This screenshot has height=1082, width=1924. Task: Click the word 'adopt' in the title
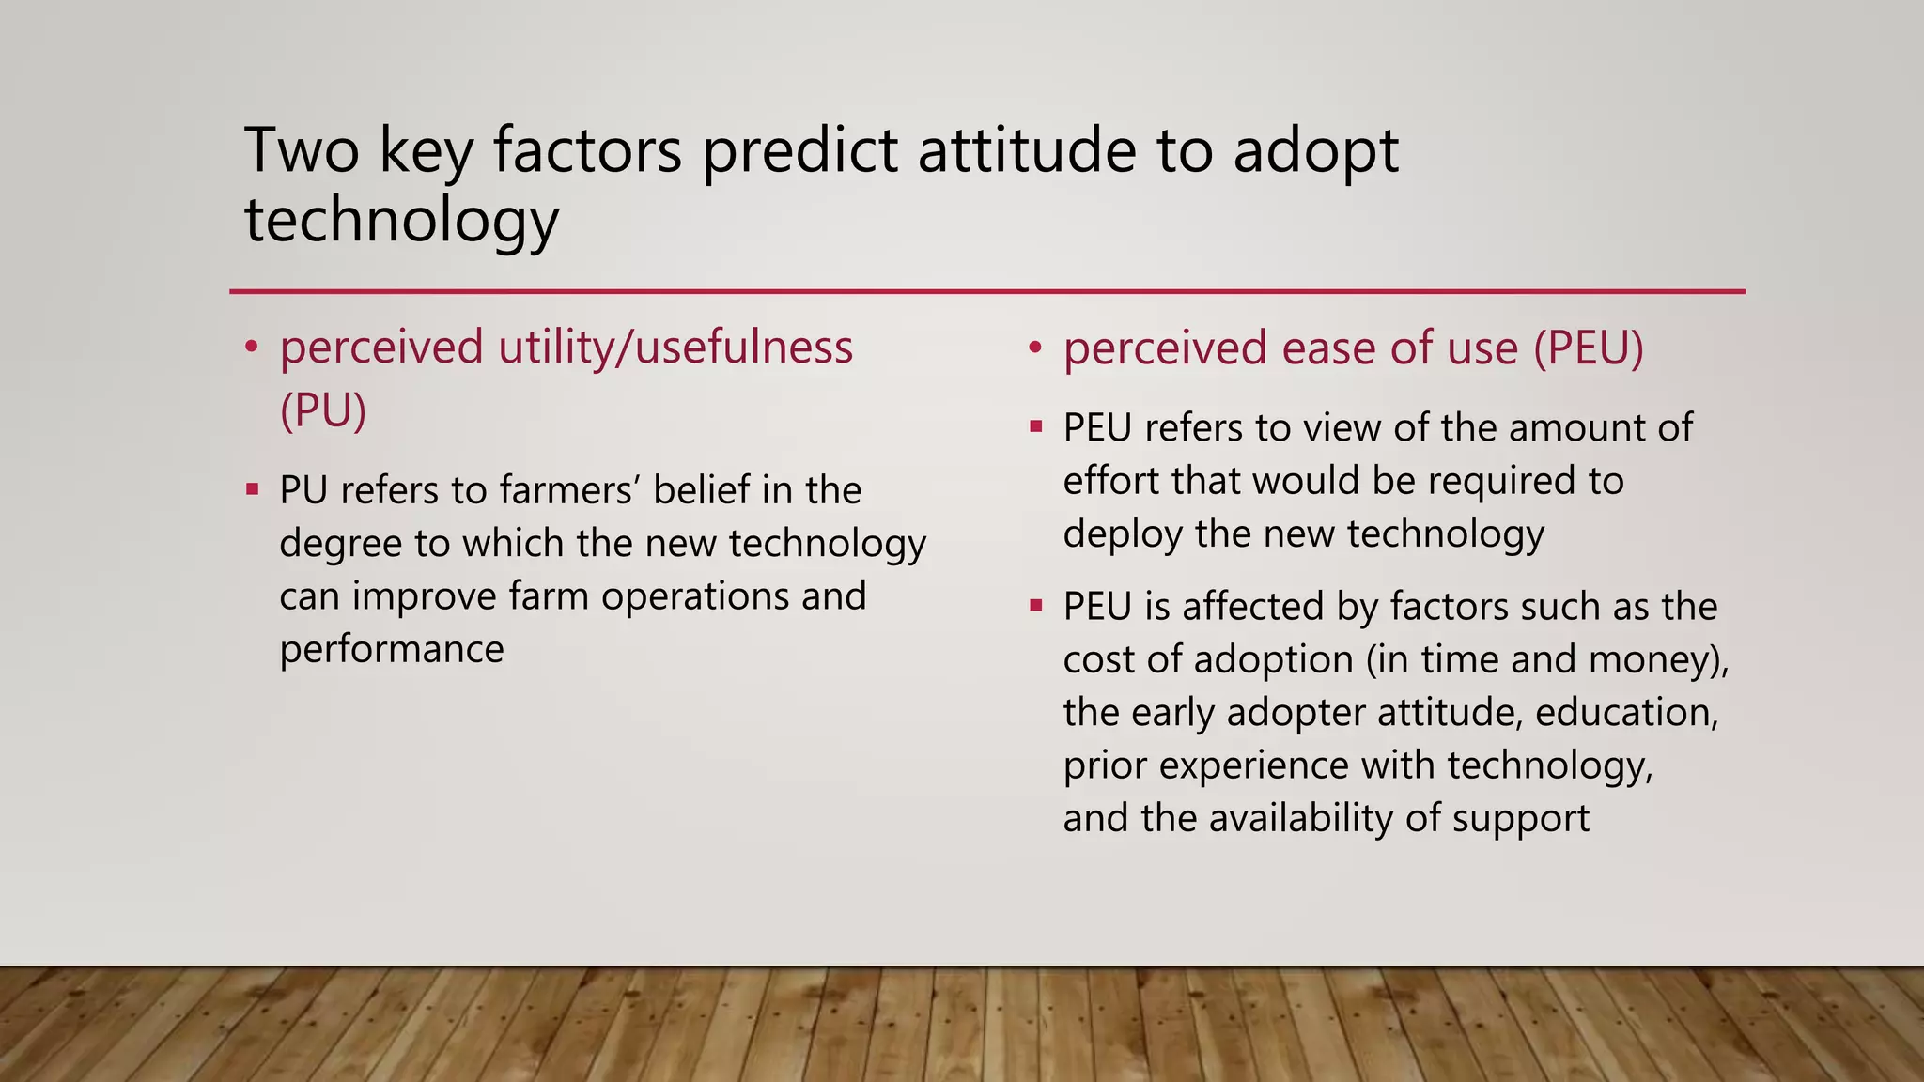[x=1315, y=153]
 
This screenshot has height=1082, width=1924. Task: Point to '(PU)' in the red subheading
[x=322, y=410]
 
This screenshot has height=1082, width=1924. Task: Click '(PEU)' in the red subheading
[x=1589, y=348]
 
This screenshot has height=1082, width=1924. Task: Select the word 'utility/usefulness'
[x=675, y=348]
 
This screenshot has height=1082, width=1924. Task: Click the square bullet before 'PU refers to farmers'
[x=252, y=489]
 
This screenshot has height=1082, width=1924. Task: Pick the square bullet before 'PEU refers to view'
[x=1036, y=427]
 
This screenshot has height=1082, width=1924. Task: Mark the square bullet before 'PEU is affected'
[x=1036, y=606]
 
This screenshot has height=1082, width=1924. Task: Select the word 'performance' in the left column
[x=392, y=650]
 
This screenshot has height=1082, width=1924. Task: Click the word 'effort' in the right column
[x=1110, y=481]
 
